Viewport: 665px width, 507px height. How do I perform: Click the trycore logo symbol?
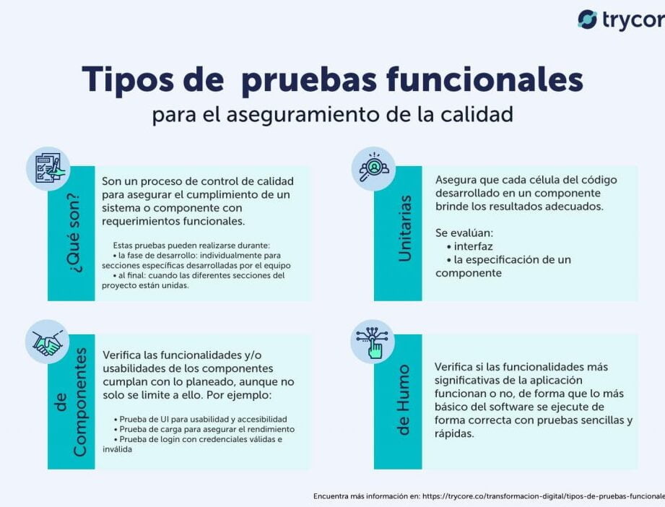[587, 19]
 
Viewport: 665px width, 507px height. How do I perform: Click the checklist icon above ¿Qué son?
[48, 168]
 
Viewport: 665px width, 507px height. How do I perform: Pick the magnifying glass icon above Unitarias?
[373, 168]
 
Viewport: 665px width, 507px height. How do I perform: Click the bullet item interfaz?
[474, 246]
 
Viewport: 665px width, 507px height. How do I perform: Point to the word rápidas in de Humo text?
[455, 433]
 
